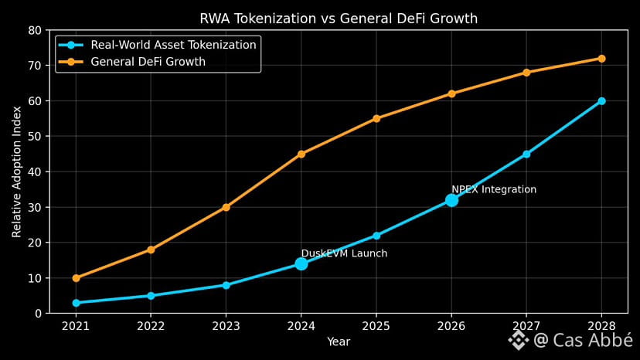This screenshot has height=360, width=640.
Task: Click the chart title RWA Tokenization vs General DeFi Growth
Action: [339, 19]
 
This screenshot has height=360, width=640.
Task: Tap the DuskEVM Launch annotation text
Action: [344, 253]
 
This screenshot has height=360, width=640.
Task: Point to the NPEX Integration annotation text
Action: [494, 189]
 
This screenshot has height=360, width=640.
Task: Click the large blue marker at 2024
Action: [301, 263]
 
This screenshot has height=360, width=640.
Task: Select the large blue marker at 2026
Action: [451, 200]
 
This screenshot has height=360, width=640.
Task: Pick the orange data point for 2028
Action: [601, 59]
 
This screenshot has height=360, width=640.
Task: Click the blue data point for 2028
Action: [601, 101]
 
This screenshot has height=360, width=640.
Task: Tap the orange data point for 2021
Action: [76, 278]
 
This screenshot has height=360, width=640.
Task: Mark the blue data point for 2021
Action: [76, 303]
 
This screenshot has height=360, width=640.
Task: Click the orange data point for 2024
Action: [301, 154]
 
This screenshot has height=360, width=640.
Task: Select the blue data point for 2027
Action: [526, 154]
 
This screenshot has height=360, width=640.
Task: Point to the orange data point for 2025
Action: [376, 118]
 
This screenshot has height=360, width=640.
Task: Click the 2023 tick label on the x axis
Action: [226, 327]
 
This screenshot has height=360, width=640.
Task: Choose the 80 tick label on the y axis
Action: [34, 31]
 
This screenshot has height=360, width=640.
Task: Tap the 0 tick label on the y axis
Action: [37, 314]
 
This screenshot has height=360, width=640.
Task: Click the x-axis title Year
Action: [339, 341]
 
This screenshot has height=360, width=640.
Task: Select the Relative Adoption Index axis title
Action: [17, 172]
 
